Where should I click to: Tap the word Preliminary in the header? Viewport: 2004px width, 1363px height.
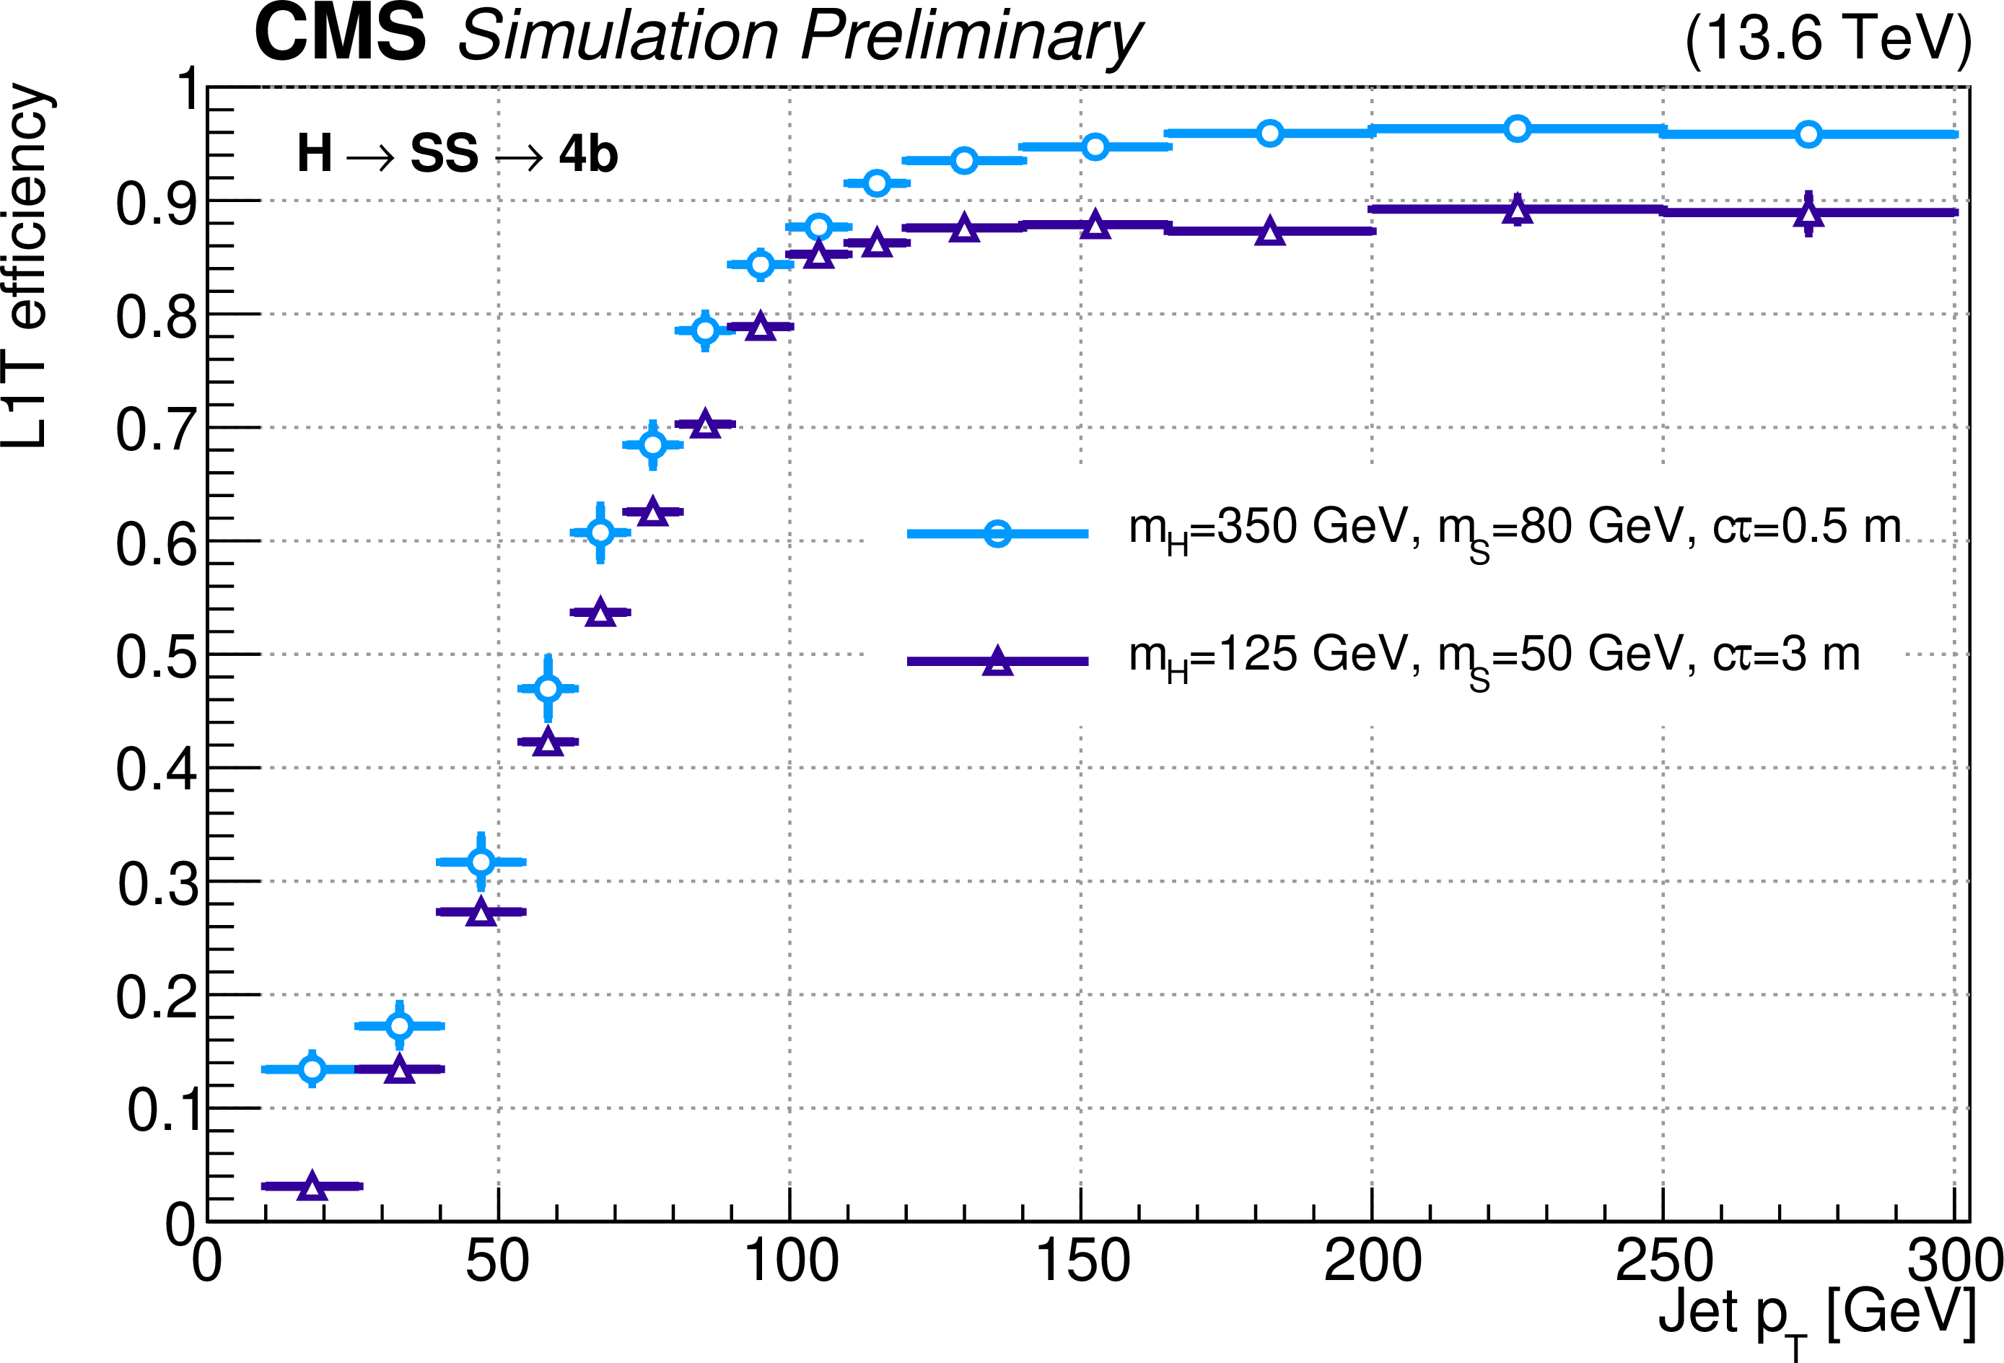pyautogui.click(x=970, y=36)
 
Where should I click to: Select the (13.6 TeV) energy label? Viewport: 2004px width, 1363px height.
pyautogui.click(x=1828, y=40)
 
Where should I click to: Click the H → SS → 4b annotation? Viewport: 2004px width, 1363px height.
pyautogui.click(x=457, y=154)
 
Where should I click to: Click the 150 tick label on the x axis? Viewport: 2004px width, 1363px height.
pyautogui.click(x=1081, y=1261)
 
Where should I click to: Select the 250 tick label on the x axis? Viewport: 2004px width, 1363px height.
pyautogui.click(x=1663, y=1261)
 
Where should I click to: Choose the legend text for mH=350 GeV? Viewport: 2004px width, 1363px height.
pyautogui.click(x=1514, y=527)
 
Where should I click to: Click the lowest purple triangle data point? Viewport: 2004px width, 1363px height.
pyautogui.click(x=312, y=1186)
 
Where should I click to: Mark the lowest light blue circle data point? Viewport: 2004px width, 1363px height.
pyautogui.click(x=312, y=1069)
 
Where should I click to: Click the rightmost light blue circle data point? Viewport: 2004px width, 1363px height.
pyautogui.click(x=1808, y=133)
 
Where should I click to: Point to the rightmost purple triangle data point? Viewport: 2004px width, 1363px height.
pyautogui.click(x=1808, y=214)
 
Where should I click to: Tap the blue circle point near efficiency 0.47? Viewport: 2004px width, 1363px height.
pyautogui.click(x=548, y=688)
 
